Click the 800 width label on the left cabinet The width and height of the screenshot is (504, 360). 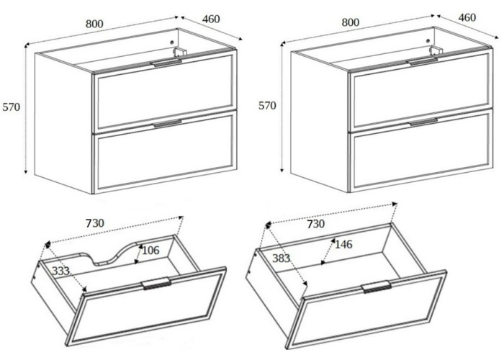[94, 24]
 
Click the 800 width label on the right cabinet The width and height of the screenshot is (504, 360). [351, 22]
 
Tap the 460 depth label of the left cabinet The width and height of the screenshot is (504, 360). [211, 19]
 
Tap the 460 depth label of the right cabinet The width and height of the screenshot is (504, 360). [467, 17]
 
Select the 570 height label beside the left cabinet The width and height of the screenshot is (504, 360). [12, 107]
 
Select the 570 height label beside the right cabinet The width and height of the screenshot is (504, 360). [267, 105]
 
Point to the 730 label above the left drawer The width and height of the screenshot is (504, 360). [95, 223]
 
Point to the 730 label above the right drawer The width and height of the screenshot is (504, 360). [315, 224]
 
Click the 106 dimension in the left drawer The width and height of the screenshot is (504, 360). [150, 250]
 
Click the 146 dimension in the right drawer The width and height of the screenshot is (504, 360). [343, 245]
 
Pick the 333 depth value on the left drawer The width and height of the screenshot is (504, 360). [60, 271]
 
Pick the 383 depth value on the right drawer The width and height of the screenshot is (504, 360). [282, 258]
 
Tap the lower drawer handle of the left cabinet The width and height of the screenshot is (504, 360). [167, 123]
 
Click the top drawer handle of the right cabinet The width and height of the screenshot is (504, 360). [423, 62]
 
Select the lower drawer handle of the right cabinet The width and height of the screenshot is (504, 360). [423, 122]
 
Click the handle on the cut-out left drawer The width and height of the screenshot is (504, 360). [156, 283]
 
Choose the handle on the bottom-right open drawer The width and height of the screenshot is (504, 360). [377, 287]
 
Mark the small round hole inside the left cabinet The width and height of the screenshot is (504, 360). [171, 42]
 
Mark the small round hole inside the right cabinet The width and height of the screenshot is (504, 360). [428, 41]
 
